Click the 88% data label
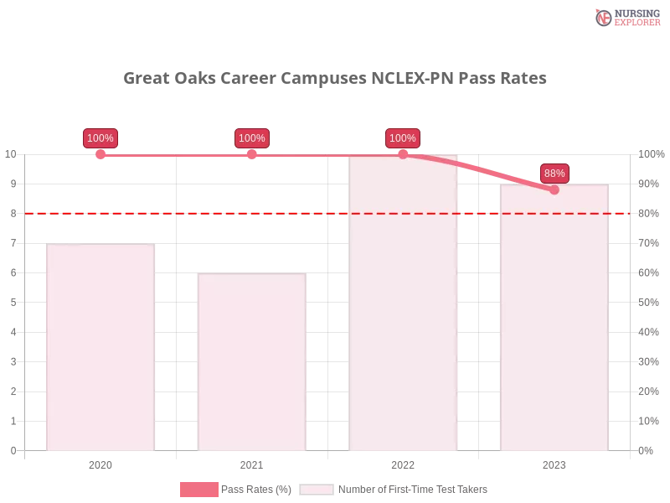554,174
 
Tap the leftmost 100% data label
100,138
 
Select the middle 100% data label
251,138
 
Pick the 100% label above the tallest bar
403,138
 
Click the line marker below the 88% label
554,189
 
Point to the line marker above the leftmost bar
100,153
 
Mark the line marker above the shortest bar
251,153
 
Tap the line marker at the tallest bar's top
403,153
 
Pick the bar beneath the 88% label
554,327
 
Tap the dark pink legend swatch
198,490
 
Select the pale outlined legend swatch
317,490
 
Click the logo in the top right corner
626,17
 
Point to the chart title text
335,79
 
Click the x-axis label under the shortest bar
251,463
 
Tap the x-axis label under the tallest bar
403,463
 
